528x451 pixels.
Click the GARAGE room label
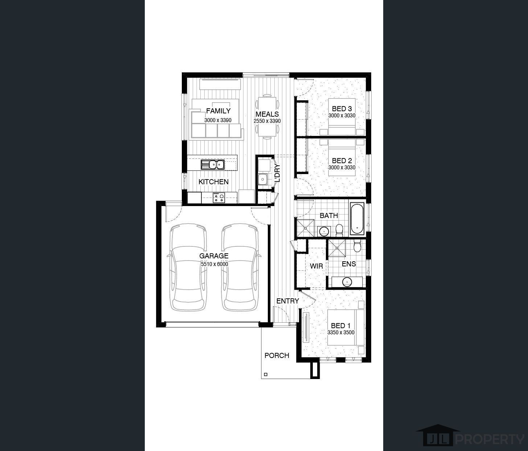tap(214, 256)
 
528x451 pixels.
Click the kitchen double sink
tap(213, 165)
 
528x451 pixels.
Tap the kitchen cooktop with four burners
tap(219, 198)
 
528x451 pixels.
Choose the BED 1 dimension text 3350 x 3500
tap(341, 333)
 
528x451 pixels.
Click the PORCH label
tap(277, 355)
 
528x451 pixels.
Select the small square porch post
tap(266, 374)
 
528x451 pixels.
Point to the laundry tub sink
tap(263, 179)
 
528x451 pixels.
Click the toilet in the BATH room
tap(339, 230)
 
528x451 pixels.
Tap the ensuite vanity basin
tap(347, 281)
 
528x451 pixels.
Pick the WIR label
tap(316, 266)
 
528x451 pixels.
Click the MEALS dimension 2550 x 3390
tap(267, 121)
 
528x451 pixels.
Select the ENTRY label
tap(287, 301)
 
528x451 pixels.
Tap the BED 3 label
tap(342, 109)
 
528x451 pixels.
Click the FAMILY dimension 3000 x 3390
tap(218, 120)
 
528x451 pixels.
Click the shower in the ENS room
tap(337, 248)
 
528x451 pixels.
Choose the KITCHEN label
tap(213, 182)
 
